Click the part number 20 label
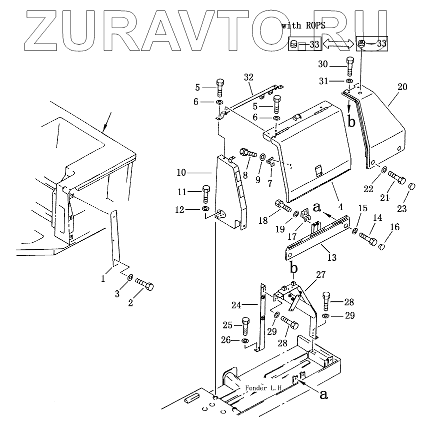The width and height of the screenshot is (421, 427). pyautogui.click(x=402, y=87)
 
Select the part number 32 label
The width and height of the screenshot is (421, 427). pyautogui.click(x=248, y=77)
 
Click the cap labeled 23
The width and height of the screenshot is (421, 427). pyautogui.click(x=413, y=187)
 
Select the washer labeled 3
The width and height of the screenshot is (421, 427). pyautogui.click(x=129, y=277)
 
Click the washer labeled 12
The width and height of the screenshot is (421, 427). pyautogui.click(x=205, y=208)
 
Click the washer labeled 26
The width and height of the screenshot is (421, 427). pyautogui.click(x=245, y=341)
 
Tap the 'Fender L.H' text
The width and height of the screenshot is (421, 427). pyautogui.click(x=263, y=388)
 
